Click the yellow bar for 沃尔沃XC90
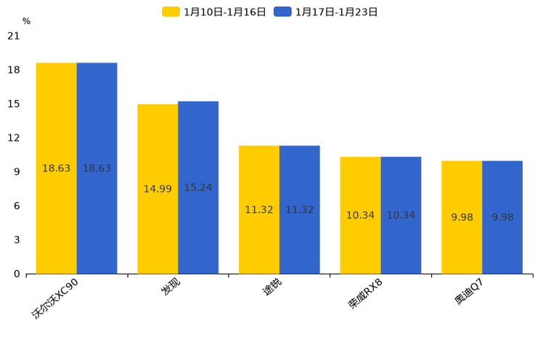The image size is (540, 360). click(57, 168)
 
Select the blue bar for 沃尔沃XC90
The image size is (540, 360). click(97, 168)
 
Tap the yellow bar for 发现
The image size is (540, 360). click(157, 189)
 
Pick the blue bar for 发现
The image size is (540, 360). click(198, 187)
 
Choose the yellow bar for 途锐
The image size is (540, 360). click(259, 210)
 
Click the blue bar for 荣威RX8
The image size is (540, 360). click(401, 216)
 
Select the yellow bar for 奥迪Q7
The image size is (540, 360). click(462, 217)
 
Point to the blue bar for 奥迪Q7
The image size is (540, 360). click(502, 217)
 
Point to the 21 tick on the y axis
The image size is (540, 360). click(13, 36)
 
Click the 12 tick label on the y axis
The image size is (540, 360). click(13, 138)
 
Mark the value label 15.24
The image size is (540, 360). click(198, 187)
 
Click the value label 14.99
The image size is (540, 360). click(157, 189)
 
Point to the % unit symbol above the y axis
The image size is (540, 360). click(26, 21)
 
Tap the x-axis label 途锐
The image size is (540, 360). click(271, 287)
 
